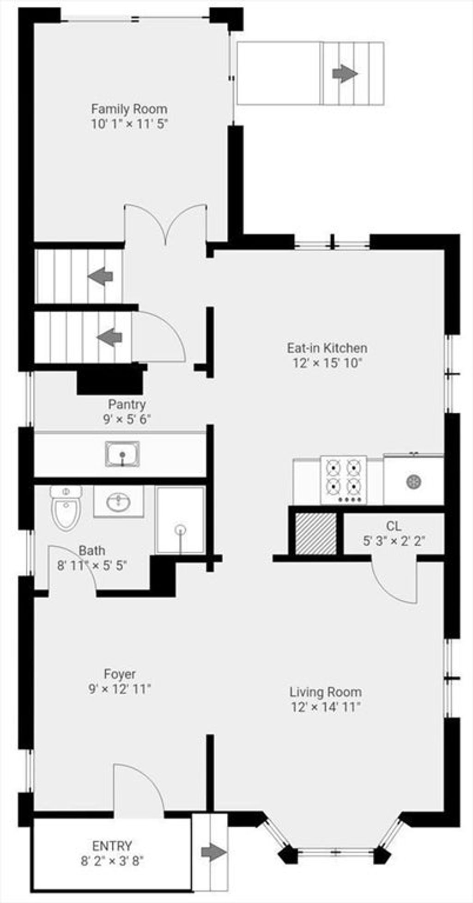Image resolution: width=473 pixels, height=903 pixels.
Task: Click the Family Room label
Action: pyautogui.click(x=129, y=109)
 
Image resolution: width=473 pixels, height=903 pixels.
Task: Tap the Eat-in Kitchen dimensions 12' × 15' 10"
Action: pyautogui.click(x=327, y=363)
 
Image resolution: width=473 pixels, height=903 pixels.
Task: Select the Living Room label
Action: pyautogui.click(x=326, y=692)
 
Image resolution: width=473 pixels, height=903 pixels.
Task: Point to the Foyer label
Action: pyautogui.click(x=120, y=674)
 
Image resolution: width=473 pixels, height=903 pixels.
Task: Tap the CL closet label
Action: pyautogui.click(x=394, y=526)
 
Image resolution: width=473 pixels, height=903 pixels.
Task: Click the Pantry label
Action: pyautogui.click(x=127, y=404)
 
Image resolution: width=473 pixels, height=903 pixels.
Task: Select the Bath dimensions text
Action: pyautogui.click(x=92, y=565)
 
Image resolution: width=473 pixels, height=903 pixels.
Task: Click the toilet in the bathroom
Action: pyautogui.click(x=66, y=508)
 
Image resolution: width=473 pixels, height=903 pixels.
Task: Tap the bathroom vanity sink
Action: pyautogui.click(x=118, y=501)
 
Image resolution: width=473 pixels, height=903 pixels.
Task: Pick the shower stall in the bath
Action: pyautogui.click(x=181, y=519)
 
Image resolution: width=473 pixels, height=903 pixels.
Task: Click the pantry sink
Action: pyautogui.click(x=122, y=454)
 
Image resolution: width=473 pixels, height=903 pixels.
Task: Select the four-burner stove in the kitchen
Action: pyautogui.click(x=343, y=480)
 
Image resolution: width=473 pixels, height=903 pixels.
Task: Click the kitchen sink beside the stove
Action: pyautogui.click(x=413, y=480)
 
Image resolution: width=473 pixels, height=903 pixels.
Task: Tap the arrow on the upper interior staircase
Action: pyautogui.click(x=100, y=277)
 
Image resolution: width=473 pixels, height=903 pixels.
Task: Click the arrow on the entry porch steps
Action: pyautogui.click(x=214, y=853)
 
